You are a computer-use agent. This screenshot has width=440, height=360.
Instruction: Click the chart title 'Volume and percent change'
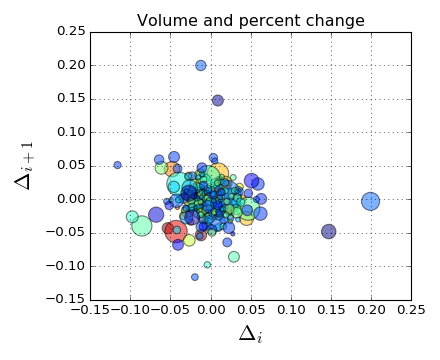click(250, 20)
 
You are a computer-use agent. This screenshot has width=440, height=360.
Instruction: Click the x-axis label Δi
click(250, 334)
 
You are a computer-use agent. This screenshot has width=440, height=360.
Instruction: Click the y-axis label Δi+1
click(26, 165)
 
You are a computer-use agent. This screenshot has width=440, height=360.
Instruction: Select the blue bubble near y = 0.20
click(201, 66)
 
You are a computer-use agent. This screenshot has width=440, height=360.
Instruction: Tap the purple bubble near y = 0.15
click(218, 100)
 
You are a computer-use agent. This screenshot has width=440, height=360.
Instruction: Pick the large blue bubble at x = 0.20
click(371, 201)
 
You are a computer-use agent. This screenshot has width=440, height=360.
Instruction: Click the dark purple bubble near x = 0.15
click(329, 231)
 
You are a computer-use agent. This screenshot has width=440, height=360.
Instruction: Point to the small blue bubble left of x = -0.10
click(117, 165)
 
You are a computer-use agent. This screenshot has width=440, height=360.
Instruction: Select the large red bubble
click(176, 233)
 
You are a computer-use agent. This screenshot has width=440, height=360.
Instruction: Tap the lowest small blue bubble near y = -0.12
click(195, 277)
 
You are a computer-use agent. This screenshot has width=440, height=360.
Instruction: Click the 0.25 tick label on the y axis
click(70, 32)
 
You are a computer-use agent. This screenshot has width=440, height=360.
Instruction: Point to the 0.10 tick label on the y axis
click(70, 132)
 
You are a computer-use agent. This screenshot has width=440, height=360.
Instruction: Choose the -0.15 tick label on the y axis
click(67, 299)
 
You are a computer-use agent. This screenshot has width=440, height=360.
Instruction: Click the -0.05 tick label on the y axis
click(67, 232)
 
